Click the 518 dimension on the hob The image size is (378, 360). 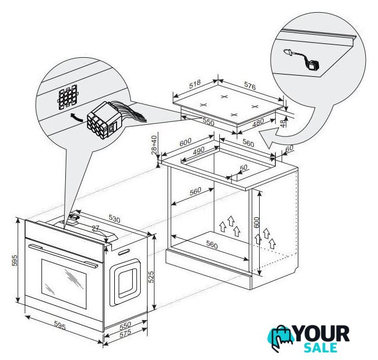(195, 84)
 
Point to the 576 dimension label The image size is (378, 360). (250, 86)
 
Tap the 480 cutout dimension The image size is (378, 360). (258, 123)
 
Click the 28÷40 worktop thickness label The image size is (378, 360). (154, 144)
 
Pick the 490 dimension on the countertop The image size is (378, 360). (199, 151)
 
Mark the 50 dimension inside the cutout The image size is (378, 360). (244, 168)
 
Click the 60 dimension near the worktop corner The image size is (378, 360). (289, 149)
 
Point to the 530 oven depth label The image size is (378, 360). (114, 219)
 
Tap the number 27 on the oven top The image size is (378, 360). (96, 228)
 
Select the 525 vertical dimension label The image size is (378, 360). (151, 277)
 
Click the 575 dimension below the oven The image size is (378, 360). (125, 333)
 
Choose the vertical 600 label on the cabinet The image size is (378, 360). (256, 222)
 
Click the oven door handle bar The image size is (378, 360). (63, 255)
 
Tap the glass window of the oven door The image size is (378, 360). (64, 284)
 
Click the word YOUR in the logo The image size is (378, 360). (322, 333)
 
